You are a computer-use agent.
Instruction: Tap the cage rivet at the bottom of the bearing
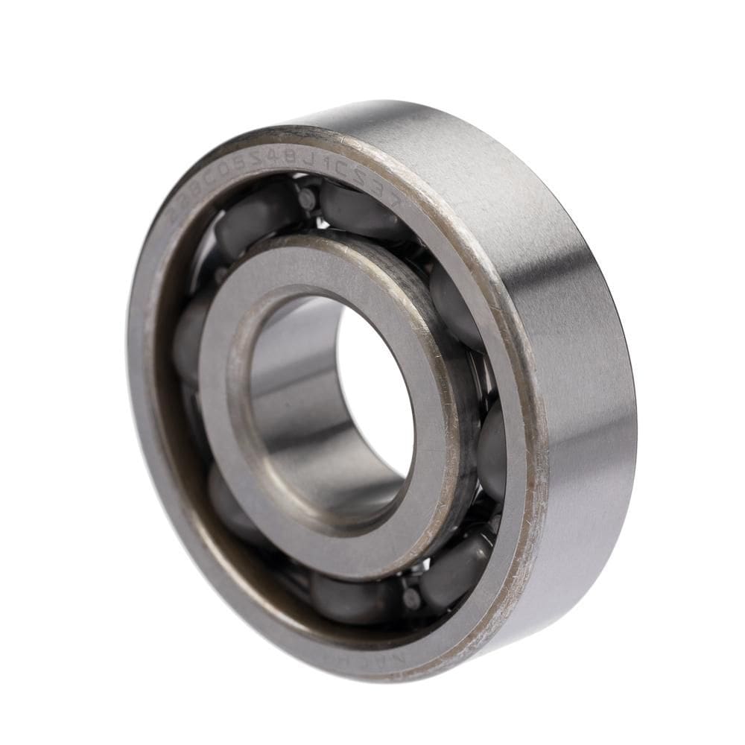[x=410, y=596]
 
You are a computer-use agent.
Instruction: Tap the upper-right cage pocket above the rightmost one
[x=454, y=305]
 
